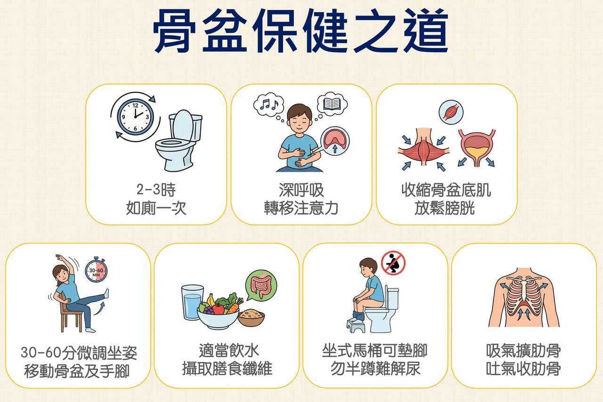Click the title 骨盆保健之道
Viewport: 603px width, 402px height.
[301, 31]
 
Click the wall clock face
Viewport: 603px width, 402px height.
[135, 116]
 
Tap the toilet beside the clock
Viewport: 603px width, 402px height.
[179, 140]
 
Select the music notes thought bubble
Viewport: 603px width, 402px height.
[268, 105]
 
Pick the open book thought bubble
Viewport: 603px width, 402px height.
[332, 104]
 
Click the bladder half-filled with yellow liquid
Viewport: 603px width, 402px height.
[477, 147]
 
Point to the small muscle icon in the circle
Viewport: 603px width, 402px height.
[451, 112]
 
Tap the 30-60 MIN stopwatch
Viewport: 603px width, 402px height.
[96, 270]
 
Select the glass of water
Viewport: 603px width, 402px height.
[192, 303]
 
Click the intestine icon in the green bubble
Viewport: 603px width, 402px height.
[261, 285]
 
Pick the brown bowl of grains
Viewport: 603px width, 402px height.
[251, 318]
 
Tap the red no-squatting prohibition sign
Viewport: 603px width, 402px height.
[393, 263]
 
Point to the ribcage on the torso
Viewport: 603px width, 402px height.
[523, 297]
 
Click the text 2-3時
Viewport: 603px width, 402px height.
[156, 189]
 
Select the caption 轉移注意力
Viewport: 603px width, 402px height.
[301, 208]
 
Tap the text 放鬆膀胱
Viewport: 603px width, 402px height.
[444, 208]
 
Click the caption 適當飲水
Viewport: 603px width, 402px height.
[229, 350]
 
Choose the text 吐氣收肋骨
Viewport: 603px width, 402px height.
[523, 369]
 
